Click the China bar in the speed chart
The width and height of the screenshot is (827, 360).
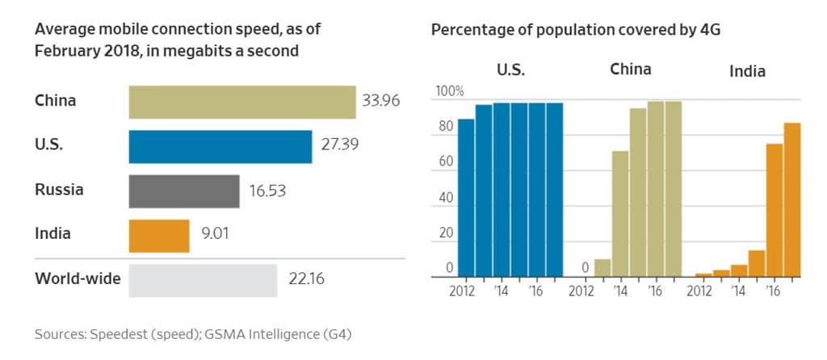(242, 102)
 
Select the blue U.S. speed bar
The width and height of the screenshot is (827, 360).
(220, 146)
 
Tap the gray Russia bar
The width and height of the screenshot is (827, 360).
(184, 191)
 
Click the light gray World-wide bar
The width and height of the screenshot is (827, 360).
(203, 280)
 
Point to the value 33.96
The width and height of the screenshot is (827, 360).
(381, 102)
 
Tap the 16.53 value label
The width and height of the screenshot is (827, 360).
(267, 191)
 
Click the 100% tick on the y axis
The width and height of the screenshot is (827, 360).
(450, 91)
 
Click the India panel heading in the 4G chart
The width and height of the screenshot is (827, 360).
(747, 71)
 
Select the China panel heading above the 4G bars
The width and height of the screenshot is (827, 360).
(630, 69)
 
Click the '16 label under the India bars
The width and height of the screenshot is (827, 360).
(773, 291)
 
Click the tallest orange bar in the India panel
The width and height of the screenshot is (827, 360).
(791, 199)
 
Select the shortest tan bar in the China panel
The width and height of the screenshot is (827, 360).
(602, 268)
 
